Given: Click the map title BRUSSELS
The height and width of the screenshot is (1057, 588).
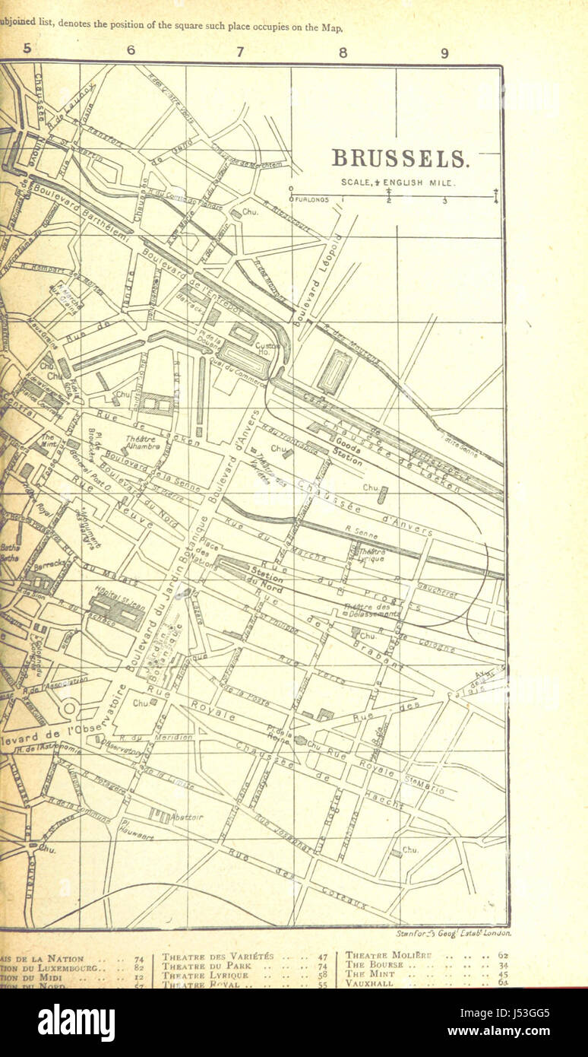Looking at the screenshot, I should [400, 159].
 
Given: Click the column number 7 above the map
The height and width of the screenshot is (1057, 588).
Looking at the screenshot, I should [240, 52].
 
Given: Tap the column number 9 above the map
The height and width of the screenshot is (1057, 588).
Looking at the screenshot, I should [445, 52].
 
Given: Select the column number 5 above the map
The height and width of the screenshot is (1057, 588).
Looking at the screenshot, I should [27, 49].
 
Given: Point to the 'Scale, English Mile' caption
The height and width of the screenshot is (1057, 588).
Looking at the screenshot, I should [393, 183].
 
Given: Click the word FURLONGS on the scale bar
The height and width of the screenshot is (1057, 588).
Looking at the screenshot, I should [312, 200].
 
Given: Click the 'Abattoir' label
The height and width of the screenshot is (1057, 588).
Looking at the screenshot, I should [187, 817].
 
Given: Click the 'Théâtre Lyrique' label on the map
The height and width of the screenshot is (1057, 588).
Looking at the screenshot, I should [372, 554].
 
